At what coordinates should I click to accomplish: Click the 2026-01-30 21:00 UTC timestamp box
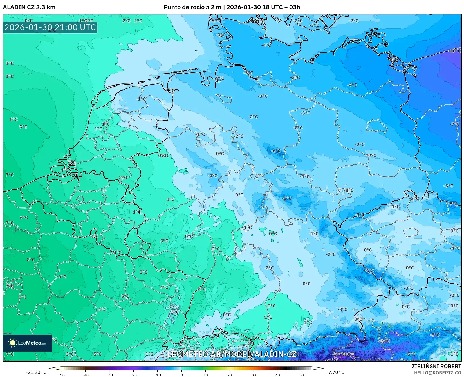pyautogui.click(x=50, y=27)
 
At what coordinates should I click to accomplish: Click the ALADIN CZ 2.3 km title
pyautogui.click(x=29, y=7)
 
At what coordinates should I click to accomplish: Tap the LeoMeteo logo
pyautogui.click(x=28, y=343)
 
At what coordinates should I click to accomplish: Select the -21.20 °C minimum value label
pyautogui.click(x=36, y=372)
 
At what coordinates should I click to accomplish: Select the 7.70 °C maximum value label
pyautogui.click(x=336, y=372)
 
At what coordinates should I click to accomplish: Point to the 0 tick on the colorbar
pyautogui.click(x=181, y=375)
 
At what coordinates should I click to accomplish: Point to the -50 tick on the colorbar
pyautogui.click(x=61, y=375)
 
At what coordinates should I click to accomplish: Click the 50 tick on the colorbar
pyautogui.click(x=302, y=375)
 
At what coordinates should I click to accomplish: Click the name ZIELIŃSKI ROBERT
pyautogui.click(x=436, y=366)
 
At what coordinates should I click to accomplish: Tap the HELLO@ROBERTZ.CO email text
pyautogui.click(x=438, y=373)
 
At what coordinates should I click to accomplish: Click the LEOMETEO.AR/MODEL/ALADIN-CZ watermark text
pyautogui.click(x=232, y=354)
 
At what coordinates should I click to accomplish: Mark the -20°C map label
pyautogui.click(x=339, y=354)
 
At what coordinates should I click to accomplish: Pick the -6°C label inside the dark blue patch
pyautogui.click(x=276, y=151)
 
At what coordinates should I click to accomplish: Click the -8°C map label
pyautogui.click(x=434, y=335)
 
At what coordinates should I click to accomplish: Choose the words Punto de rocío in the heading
pyautogui.click(x=184, y=7)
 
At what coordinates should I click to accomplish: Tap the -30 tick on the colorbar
pyautogui.click(x=109, y=375)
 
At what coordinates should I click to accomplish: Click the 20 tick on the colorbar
pyautogui.click(x=230, y=375)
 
